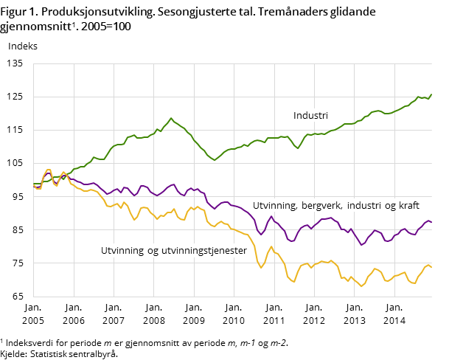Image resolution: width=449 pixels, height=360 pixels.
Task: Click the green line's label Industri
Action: click(310, 116)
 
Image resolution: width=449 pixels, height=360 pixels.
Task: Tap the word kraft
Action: click(407, 205)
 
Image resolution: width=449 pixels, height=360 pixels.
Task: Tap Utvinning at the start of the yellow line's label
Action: click(122, 251)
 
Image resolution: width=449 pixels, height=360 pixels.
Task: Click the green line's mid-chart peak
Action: click(171, 118)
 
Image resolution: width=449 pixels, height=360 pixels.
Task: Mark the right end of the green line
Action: click(431, 94)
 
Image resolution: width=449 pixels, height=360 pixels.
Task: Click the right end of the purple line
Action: click(431, 221)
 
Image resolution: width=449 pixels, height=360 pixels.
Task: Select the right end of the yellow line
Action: click(431, 266)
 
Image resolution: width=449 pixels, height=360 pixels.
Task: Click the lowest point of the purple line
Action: click(361, 245)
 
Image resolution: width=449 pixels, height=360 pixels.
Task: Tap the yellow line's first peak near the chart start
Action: click(49, 170)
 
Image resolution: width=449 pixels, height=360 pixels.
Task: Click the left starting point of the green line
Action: click(34, 184)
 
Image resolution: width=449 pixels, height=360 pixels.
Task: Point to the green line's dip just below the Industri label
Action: click(298, 148)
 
